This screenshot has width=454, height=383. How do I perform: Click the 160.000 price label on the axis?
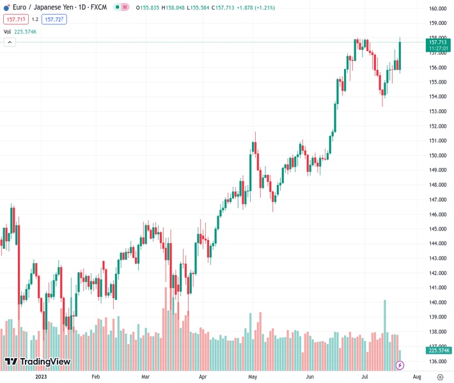437,8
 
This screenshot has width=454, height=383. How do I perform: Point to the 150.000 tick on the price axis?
437,155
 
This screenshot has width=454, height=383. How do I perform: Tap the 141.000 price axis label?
437,288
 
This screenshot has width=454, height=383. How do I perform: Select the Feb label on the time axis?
96,377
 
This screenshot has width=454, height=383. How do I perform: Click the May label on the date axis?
252,377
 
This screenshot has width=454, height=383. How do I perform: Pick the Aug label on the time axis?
416,377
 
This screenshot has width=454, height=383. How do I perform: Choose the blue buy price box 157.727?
54,19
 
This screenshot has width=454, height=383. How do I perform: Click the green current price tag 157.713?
437,42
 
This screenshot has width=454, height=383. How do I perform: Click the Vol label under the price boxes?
8,31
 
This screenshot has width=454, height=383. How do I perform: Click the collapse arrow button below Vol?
10,42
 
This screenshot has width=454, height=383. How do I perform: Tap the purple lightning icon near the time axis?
400,365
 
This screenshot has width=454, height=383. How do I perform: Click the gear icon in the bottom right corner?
439,377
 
